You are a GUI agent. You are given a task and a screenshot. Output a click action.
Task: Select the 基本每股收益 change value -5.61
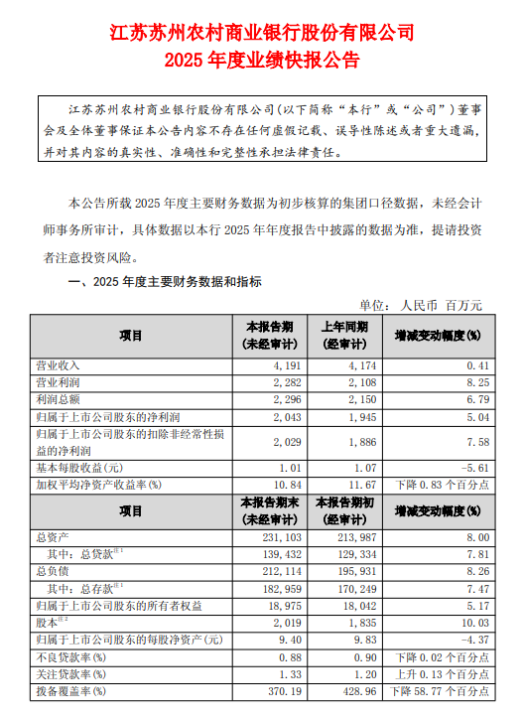(465, 467)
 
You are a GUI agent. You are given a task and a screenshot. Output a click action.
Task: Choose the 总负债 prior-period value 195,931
(346, 570)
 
